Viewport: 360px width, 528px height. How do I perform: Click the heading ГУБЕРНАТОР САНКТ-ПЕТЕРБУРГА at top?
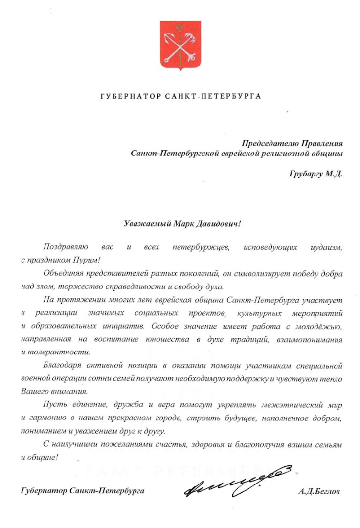click(x=180, y=96)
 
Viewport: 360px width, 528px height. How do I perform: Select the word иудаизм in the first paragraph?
click(x=326, y=248)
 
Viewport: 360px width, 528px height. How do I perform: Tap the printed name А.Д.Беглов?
click(x=318, y=491)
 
